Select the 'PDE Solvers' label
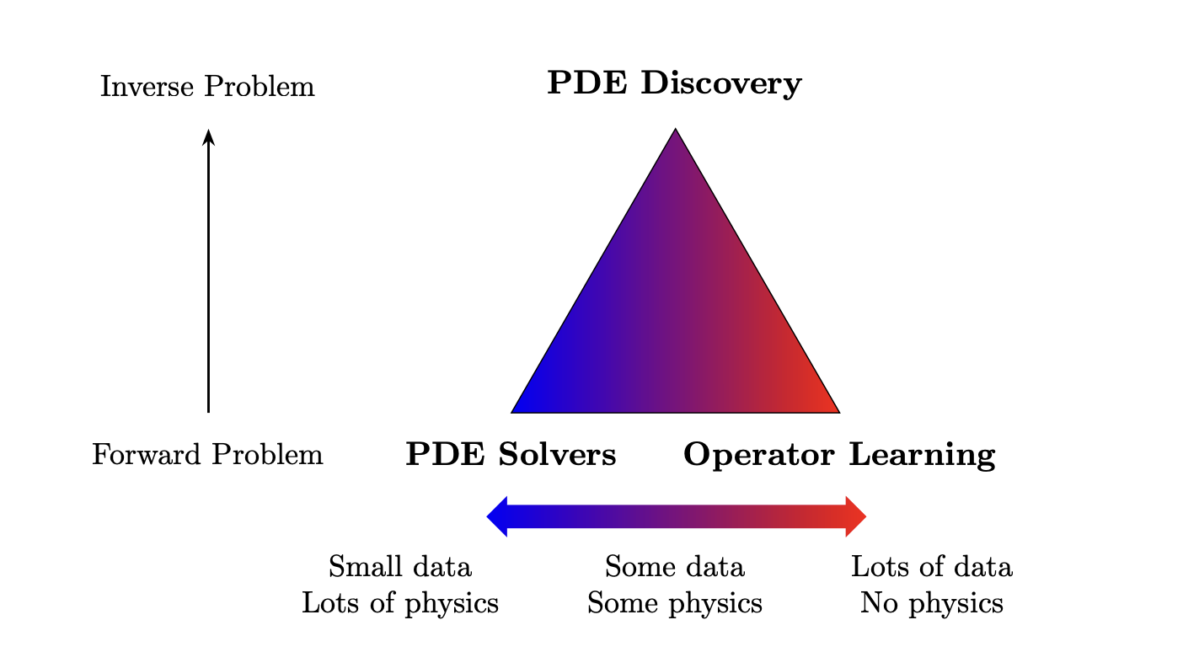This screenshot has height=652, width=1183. (x=511, y=454)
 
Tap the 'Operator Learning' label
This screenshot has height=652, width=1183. (x=839, y=455)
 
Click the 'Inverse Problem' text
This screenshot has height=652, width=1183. (x=207, y=86)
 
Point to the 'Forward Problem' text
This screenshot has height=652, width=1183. (x=207, y=455)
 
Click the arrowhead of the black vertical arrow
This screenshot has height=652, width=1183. (x=209, y=136)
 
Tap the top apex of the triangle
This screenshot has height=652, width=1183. (x=675, y=128)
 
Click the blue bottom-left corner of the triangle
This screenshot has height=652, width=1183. (x=512, y=412)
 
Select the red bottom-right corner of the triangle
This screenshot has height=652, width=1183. (x=839, y=412)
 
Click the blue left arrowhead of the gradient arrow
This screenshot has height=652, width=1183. (x=496, y=517)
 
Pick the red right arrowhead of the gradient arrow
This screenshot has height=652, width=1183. (x=856, y=517)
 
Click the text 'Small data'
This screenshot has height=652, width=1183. (x=399, y=567)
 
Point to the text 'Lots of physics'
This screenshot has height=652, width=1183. (x=399, y=603)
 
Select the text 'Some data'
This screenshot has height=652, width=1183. (x=674, y=567)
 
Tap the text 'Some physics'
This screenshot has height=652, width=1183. (x=674, y=603)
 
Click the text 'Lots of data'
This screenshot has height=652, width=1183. (x=932, y=567)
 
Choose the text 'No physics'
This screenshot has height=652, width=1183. (x=932, y=603)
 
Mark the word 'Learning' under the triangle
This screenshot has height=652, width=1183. (x=922, y=455)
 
